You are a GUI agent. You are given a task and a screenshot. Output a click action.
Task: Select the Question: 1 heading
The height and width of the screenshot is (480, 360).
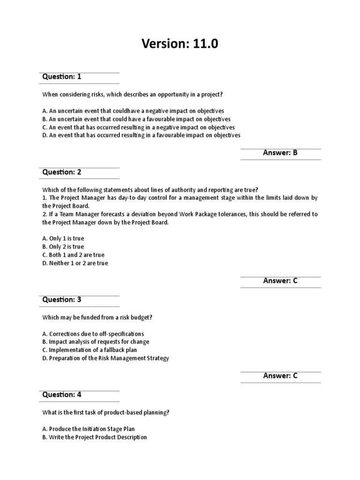[62, 76]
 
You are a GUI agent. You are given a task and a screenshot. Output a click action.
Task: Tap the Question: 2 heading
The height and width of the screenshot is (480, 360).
[62, 172]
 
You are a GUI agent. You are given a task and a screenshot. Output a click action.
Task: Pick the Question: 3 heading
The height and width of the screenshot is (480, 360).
[62, 300]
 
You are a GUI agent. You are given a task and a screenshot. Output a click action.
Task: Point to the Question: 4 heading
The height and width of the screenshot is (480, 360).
[62, 395]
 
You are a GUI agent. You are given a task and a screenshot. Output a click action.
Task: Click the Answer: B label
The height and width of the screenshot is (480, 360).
[280, 153]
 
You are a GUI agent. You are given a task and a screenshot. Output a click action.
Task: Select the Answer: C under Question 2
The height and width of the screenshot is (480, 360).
[280, 281]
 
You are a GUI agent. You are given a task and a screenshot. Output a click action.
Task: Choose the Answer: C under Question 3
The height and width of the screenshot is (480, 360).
[280, 375]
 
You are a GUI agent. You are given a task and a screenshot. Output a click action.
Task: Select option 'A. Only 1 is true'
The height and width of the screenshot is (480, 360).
[63, 239]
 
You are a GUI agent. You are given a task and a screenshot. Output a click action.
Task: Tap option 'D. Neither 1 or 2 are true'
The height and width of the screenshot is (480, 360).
[75, 263]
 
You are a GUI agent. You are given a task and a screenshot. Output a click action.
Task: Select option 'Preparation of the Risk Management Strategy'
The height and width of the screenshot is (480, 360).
[105, 358]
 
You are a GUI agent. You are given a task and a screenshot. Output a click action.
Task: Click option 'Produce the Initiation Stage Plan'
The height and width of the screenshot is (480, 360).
[88, 429]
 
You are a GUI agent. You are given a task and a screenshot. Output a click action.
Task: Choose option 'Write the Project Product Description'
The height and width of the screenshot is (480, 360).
[94, 437]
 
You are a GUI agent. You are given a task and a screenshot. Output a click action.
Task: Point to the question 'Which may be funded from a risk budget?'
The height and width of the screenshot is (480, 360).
[97, 318]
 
